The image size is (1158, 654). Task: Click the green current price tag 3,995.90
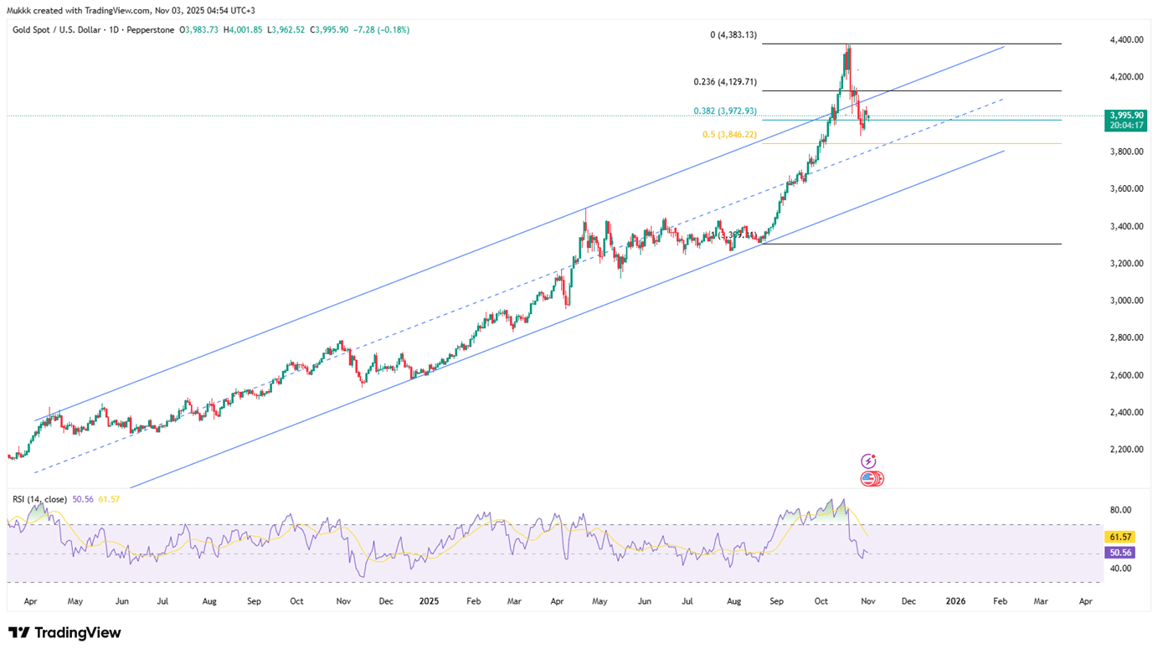1125,115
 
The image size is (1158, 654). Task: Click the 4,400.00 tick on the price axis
1126,40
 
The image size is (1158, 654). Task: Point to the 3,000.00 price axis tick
1126,301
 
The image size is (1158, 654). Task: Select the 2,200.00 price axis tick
1126,450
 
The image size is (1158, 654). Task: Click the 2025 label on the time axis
430,601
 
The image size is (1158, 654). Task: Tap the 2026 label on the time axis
955,601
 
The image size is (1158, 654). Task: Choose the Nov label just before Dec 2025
867,601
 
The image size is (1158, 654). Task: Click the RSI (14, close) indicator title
39,499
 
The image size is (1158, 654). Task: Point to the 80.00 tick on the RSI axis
1120,510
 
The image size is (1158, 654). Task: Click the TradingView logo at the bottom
64,633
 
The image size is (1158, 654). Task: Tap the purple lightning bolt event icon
868,461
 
